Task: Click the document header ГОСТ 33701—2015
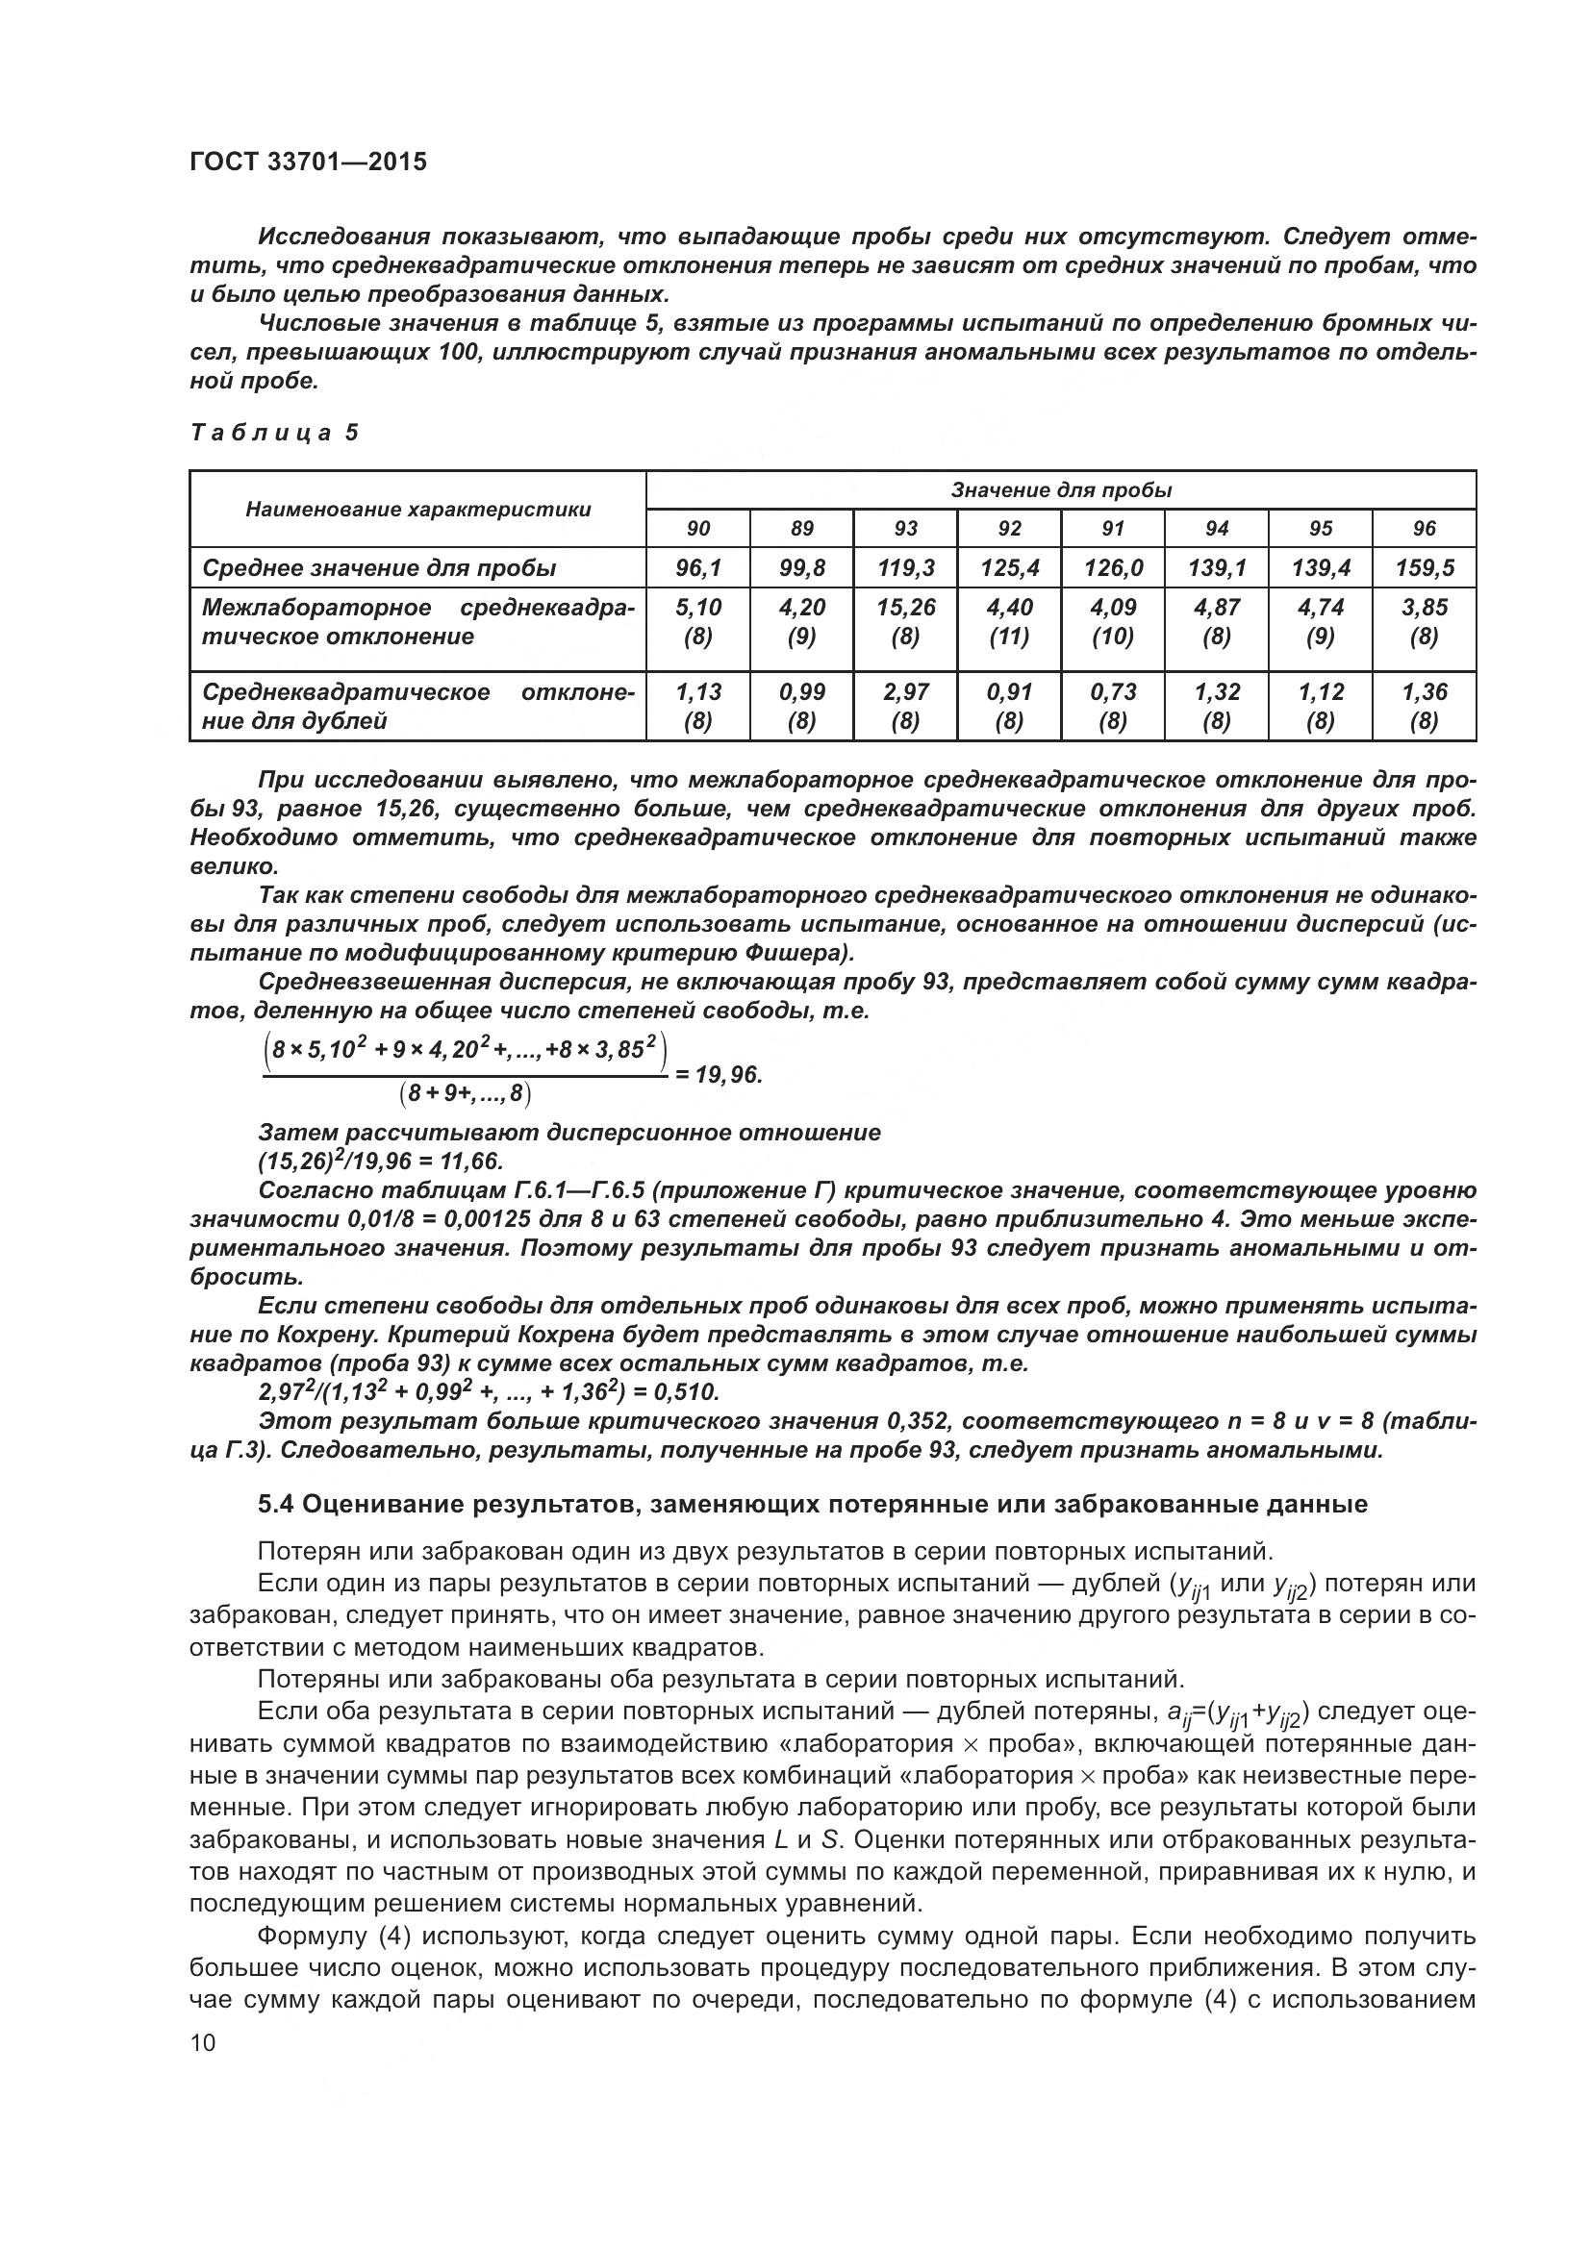[x=308, y=162]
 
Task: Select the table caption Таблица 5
[x=274, y=432]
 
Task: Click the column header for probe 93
[x=905, y=528]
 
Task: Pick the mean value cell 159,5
[x=1423, y=567]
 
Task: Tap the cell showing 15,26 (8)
[x=905, y=621]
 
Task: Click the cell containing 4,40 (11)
[x=1009, y=621]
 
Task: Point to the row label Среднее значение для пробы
[x=379, y=567]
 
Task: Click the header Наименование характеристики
[x=418, y=509]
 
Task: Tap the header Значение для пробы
[x=1061, y=489]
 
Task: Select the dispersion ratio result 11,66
[x=471, y=1162]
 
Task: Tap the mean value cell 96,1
[x=697, y=567]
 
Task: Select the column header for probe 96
[x=1424, y=528]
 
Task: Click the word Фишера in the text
[x=806, y=953]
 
